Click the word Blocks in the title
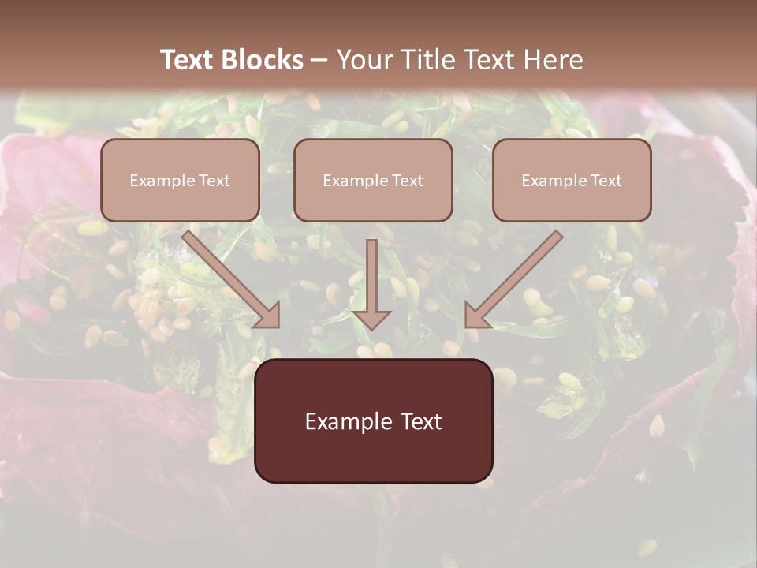pyautogui.click(x=263, y=60)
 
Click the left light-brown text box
pyautogui.click(x=180, y=180)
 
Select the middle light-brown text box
pyautogui.click(x=373, y=180)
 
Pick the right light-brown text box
pyautogui.click(x=572, y=180)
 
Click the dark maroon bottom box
pyautogui.click(x=373, y=420)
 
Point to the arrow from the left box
pyautogui.click(x=229, y=276)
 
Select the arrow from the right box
pyautogui.click(x=516, y=276)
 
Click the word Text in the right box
pyautogui.click(x=605, y=181)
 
